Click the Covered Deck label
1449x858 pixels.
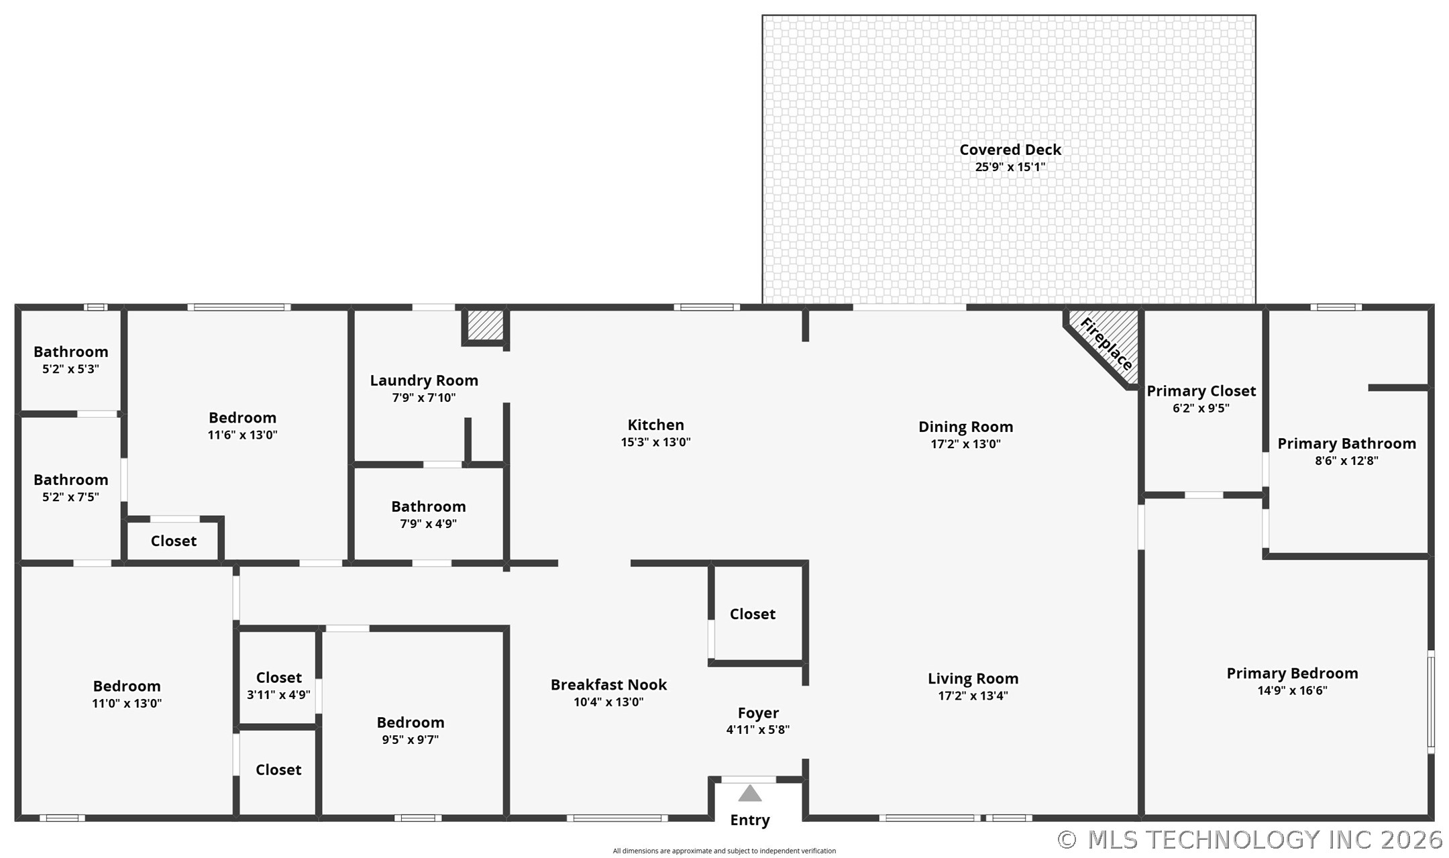tap(1010, 150)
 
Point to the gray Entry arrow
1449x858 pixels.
tap(749, 794)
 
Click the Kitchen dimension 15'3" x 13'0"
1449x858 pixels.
tap(655, 442)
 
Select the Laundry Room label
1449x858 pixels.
tap(424, 380)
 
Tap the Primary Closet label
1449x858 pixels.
tap(1201, 391)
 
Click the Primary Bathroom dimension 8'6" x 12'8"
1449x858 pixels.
tap(1346, 461)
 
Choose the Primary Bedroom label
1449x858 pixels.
tap(1292, 674)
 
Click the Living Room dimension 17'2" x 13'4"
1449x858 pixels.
tap(973, 696)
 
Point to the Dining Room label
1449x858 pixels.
tap(965, 427)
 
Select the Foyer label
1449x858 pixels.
tap(758, 713)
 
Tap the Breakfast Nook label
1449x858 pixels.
tap(608, 685)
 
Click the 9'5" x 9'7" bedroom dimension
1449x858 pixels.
tap(410, 740)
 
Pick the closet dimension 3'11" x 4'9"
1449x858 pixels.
tap(278, 695)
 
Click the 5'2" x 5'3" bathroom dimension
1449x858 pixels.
tap(70, 369)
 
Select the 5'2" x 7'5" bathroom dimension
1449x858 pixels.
tap(70, 497)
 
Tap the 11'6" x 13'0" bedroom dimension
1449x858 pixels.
tap(242, 435)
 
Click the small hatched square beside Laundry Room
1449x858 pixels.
tap(485, 325)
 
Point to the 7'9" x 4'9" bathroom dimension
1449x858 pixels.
tap(428, 524)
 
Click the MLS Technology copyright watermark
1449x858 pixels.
tap(1249, 839)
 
